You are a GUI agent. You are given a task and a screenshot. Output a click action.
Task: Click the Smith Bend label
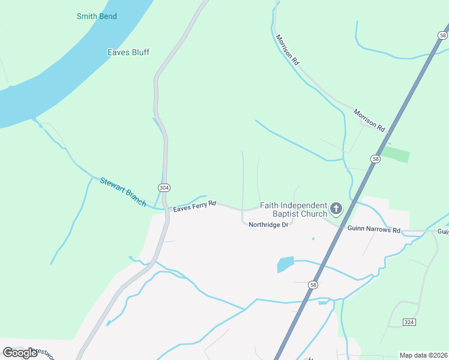coord(97,16)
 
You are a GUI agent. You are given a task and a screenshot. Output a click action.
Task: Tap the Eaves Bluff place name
coord(128,52)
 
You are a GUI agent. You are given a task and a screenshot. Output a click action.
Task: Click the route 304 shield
coord(164,188)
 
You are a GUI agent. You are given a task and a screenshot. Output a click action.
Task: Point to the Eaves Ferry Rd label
coord(194,208)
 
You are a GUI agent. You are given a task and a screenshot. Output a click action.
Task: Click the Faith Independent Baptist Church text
coord(294,209)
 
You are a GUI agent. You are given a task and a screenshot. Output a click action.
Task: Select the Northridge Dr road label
coord(269,225)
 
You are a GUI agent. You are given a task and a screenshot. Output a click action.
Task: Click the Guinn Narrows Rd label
coord(374,230)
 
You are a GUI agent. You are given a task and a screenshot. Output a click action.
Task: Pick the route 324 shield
coord(409,322)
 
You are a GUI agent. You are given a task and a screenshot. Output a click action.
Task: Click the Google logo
coord(20,353)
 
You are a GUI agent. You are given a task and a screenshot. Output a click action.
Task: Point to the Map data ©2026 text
coord(423,355)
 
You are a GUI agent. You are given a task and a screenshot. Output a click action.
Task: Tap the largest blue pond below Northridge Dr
coord(286,264)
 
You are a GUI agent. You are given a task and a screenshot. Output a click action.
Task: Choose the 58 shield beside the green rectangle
coord(375,159)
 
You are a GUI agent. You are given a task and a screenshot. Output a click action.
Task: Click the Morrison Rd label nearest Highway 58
coord(369,120)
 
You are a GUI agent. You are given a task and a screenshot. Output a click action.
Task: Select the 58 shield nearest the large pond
coord(313,285)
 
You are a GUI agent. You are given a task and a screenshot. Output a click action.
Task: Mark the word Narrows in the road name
coord(374,230)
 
